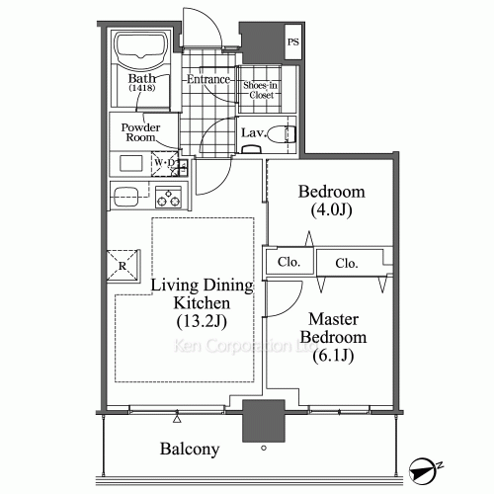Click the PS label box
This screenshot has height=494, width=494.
[293, 42]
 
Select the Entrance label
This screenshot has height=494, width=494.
[208, 79]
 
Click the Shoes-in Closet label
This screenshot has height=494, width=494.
[262, 90]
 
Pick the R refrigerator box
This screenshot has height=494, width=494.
[122, 266]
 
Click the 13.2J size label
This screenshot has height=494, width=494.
[204, 322]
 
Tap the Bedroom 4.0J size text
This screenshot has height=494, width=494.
[331, 209]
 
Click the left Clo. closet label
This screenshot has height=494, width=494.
[289, 263]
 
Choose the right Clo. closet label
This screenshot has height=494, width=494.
[346, 263]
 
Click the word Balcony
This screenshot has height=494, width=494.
[189, 450]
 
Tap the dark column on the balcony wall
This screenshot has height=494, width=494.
[263, 423]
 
